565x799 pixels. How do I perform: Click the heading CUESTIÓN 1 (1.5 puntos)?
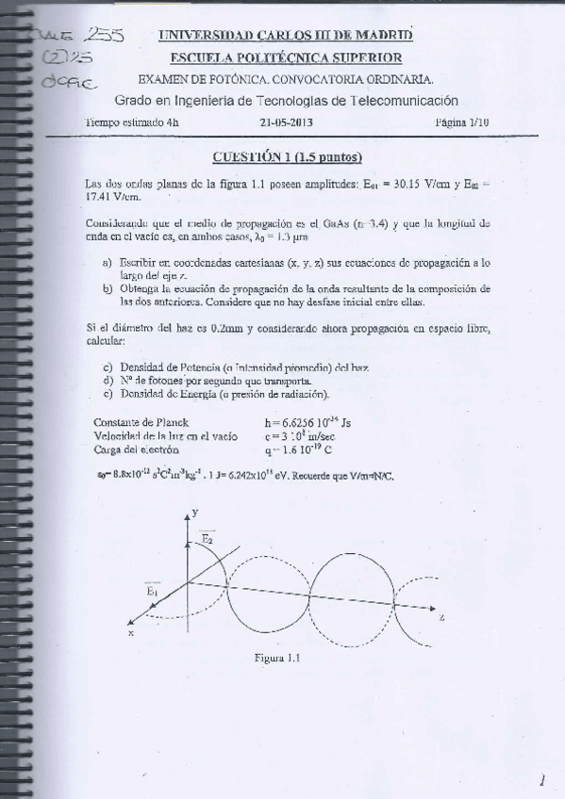coord(287,156)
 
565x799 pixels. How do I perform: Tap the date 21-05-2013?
coord(287,122)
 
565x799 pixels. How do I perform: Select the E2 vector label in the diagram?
coord(208,538)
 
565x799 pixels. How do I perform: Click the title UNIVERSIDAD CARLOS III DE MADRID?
coord(285,36)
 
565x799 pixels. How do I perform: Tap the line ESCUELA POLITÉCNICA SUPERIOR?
coord(286,57)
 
